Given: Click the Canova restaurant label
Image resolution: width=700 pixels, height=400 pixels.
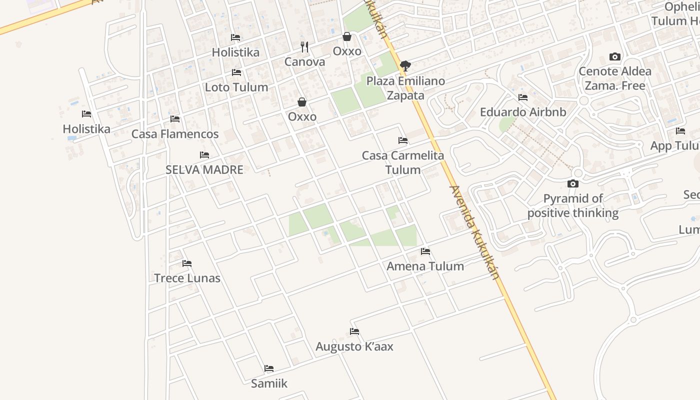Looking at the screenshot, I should coord(304,62).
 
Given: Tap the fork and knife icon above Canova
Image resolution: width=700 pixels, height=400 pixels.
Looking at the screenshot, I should coord(304,47).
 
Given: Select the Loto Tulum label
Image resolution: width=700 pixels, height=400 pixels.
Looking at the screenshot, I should coord(236,87).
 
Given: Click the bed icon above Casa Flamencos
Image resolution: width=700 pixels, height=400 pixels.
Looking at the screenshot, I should coord(175,119).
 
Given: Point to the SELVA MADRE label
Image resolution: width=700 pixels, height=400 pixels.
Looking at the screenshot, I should coord(204,169).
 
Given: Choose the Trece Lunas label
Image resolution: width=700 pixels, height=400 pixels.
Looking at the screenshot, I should coord(187,278).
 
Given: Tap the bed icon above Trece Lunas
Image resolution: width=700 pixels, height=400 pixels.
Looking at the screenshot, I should coord(187,263).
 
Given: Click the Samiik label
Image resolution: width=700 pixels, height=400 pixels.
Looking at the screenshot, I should coord(269,383).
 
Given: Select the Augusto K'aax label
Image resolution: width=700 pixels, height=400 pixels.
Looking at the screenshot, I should coord(354,346).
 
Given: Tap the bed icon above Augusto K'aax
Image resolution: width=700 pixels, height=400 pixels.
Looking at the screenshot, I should coord(354,331).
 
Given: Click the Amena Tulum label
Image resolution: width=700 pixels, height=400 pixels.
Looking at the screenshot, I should coord(425,266).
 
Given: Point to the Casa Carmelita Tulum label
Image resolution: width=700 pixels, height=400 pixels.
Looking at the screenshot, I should coord(403,162).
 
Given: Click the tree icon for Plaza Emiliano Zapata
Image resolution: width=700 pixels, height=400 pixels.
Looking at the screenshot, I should coord(405,65).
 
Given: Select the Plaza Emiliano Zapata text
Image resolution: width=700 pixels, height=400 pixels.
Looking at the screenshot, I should coord(405,88).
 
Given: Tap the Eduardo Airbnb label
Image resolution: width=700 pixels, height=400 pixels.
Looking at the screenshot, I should coord(523,112).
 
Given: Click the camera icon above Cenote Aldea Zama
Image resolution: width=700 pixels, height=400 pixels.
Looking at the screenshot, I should coord(615,57).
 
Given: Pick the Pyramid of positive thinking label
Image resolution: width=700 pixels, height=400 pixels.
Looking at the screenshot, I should coord(573,205).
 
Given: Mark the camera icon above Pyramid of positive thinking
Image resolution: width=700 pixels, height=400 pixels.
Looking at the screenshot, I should coord(573,184).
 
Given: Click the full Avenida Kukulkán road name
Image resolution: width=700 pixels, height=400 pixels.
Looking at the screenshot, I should coord(474,232).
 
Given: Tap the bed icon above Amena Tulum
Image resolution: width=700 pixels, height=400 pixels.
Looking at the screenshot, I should coord(425,251).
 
